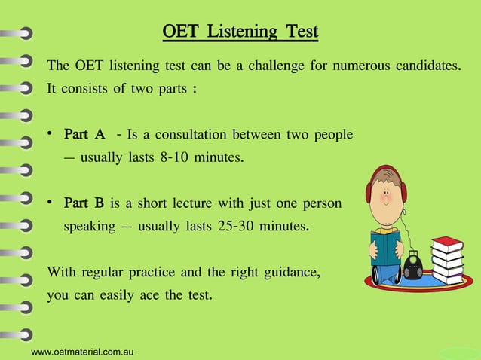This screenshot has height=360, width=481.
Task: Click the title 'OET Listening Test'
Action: click(240, 32)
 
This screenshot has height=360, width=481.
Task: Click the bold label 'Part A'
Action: click(84, 135)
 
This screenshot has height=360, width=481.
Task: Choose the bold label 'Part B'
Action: click(84, 203)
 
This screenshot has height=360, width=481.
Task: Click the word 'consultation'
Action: click(185, 135)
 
